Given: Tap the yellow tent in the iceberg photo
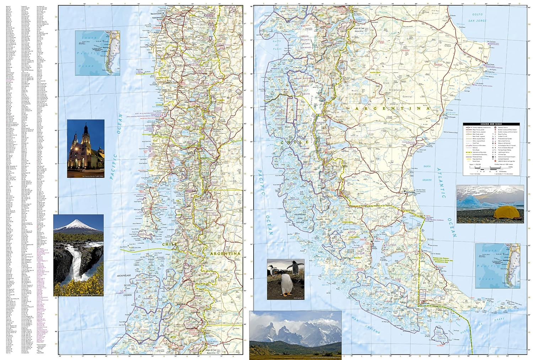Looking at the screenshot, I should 505,213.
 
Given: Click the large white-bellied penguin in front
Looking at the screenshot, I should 286,284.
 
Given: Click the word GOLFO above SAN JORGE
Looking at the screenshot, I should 477,15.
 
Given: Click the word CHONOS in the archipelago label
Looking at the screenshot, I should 128,295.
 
